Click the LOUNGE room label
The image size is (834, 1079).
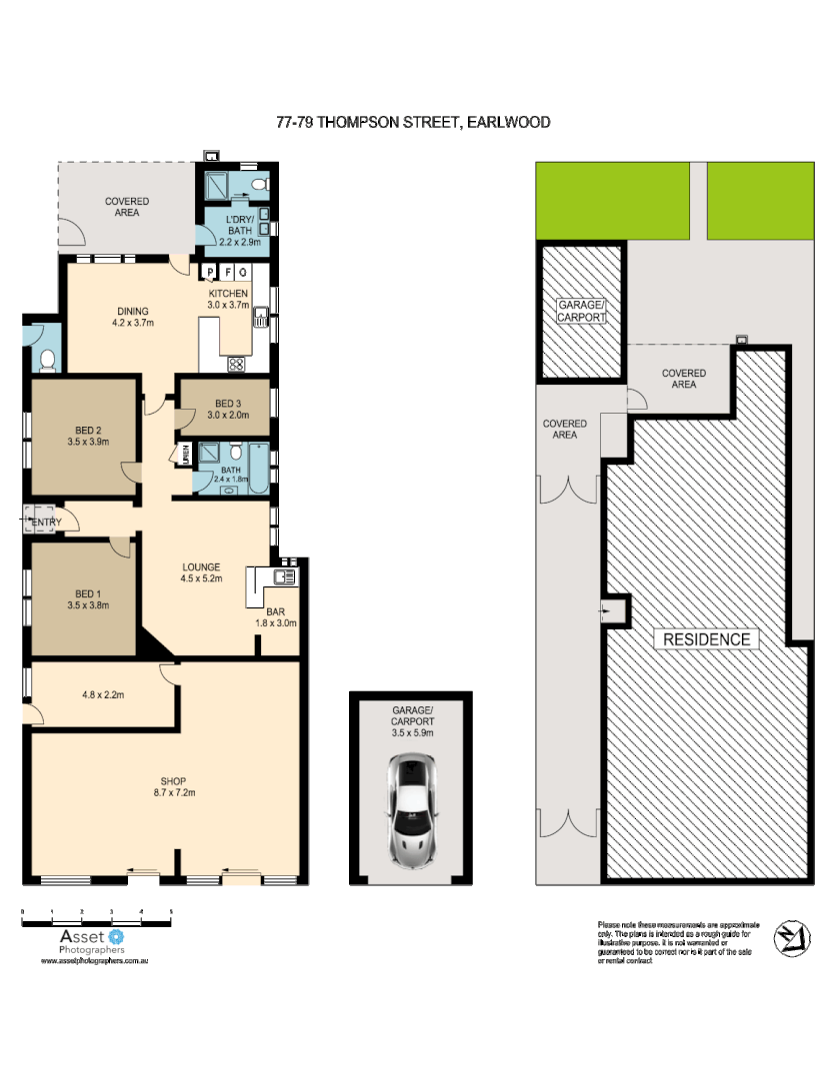200,567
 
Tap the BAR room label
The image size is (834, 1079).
276,611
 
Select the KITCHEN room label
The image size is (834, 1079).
228,293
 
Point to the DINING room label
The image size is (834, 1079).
132,311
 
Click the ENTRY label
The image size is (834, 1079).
47,523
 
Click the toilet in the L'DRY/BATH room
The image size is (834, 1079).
258,185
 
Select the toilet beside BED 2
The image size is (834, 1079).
46,359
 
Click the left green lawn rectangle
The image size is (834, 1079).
612,201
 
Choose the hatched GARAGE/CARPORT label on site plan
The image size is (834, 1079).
581,310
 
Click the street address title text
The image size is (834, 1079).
414,122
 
